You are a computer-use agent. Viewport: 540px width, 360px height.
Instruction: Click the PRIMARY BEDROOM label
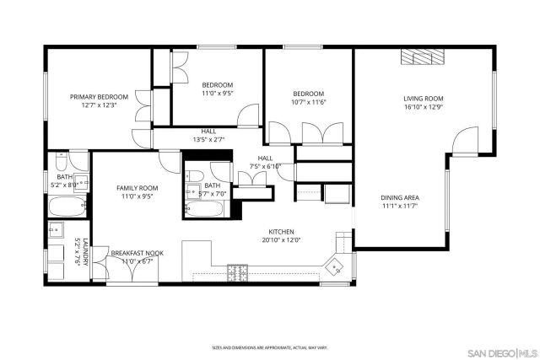(x=99, y=97)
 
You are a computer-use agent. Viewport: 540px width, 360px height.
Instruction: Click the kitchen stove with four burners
(x=239, y=271)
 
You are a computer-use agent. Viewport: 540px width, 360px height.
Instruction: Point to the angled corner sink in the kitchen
(x=338, y=265)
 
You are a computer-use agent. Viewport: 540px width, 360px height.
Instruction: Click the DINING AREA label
(x=400, y=198)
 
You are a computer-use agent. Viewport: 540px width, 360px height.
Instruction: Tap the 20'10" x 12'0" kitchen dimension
(x=281, y=239)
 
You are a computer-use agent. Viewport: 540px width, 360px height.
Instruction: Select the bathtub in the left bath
(x=64, y=207)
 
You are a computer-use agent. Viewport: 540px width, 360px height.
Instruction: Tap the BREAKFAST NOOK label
(x=137, y=253)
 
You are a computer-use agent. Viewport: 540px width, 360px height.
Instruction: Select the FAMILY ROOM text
(x=137, y=188)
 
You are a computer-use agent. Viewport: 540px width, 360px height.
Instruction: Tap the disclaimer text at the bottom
(x=269, y=347)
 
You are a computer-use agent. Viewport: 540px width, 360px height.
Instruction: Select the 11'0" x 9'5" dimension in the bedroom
(x=218, y=93)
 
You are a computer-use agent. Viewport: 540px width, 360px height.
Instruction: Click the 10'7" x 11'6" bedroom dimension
(x=308, y=102)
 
